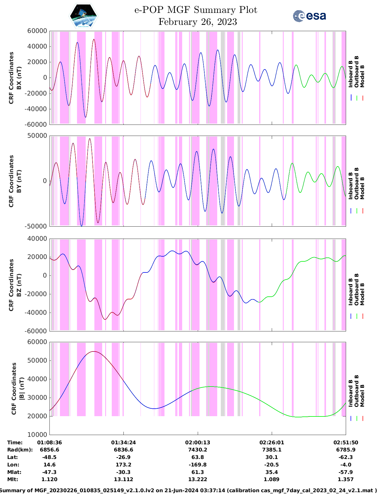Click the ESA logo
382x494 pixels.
(309, 16)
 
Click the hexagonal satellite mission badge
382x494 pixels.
(83, 16)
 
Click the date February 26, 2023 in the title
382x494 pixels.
(197, 22)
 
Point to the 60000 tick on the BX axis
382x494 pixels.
(37, 31)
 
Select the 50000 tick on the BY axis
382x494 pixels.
(37, 136)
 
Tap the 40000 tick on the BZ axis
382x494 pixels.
(37, 239)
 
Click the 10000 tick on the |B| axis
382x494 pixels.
(37, 435)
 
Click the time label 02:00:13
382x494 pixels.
(197, 443)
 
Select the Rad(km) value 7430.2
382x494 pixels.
(197, 450)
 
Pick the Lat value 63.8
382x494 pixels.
(197, 457)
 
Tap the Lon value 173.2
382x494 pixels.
(123, 465)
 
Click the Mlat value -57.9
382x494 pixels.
(346, 472)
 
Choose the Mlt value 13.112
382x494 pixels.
(123, 479)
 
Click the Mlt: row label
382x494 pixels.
(13, 479)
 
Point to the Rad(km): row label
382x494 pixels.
(20, 450)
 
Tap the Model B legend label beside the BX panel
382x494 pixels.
(362, 76)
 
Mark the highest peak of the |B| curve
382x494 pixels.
(94, 351)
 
